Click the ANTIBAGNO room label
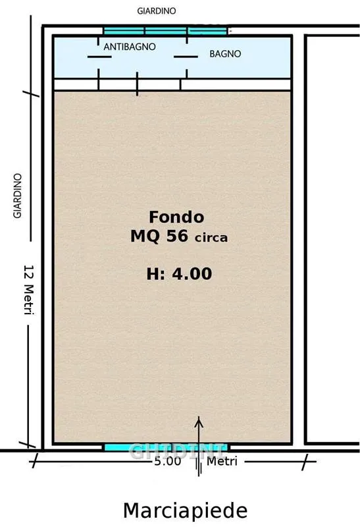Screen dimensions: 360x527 pos(130,47)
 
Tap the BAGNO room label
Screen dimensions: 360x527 pos(225,54)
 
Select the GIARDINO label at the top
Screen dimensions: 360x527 pos(156,11)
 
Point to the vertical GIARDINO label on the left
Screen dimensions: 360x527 pos(18,196)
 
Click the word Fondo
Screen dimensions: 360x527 pos(176,217)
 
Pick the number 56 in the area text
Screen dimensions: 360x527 pos(177,236)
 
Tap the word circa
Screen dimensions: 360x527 pos(211,238)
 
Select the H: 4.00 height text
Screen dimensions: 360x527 pos(179,273)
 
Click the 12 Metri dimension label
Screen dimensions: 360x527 pos(29,290)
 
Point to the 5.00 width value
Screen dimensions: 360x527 pos(168,461)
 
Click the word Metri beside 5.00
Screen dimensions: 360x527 pos(222,461)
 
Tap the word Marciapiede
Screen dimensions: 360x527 pos(186,511)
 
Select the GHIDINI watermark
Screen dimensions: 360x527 pos(177,451)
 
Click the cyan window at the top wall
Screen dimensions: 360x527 pos(165,31)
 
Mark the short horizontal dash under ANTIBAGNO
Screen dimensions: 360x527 pos(99,57)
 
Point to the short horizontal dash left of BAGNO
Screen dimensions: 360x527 pos(186,57)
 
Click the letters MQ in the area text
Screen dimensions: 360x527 pos(145,236)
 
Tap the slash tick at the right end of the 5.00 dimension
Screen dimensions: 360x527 pos(305,462)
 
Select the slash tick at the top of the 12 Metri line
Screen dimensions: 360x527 pos(31,94)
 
